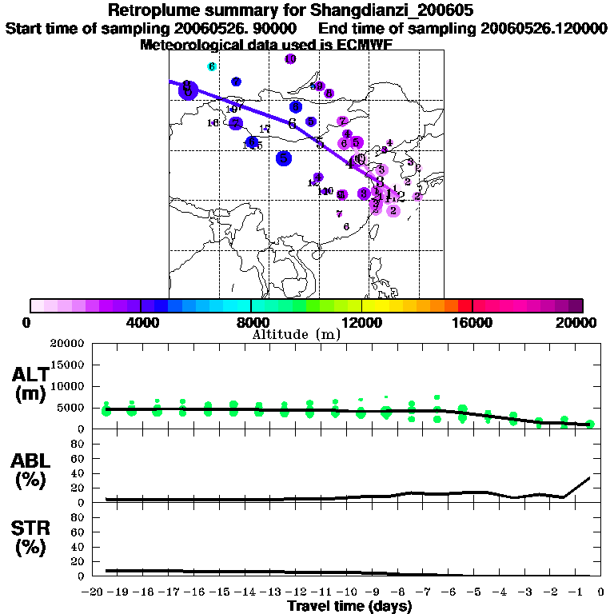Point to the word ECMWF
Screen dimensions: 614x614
pos(364,45)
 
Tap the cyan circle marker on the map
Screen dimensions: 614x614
pos(212,66)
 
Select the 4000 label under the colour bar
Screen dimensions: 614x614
pos(141,323)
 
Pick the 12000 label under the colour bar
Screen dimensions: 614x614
pos(361,323)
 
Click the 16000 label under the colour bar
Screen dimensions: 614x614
pos(472,323)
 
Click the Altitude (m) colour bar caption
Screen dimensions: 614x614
pos(296,335)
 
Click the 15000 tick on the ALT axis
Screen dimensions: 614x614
pos(67,365)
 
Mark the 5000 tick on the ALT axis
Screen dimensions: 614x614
pos(70,408)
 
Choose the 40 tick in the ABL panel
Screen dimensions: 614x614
pos(79,473)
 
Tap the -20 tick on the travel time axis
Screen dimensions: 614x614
pos(94,593)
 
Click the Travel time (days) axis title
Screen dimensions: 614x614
pos(349,607)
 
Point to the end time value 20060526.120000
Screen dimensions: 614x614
pos(544,29)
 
